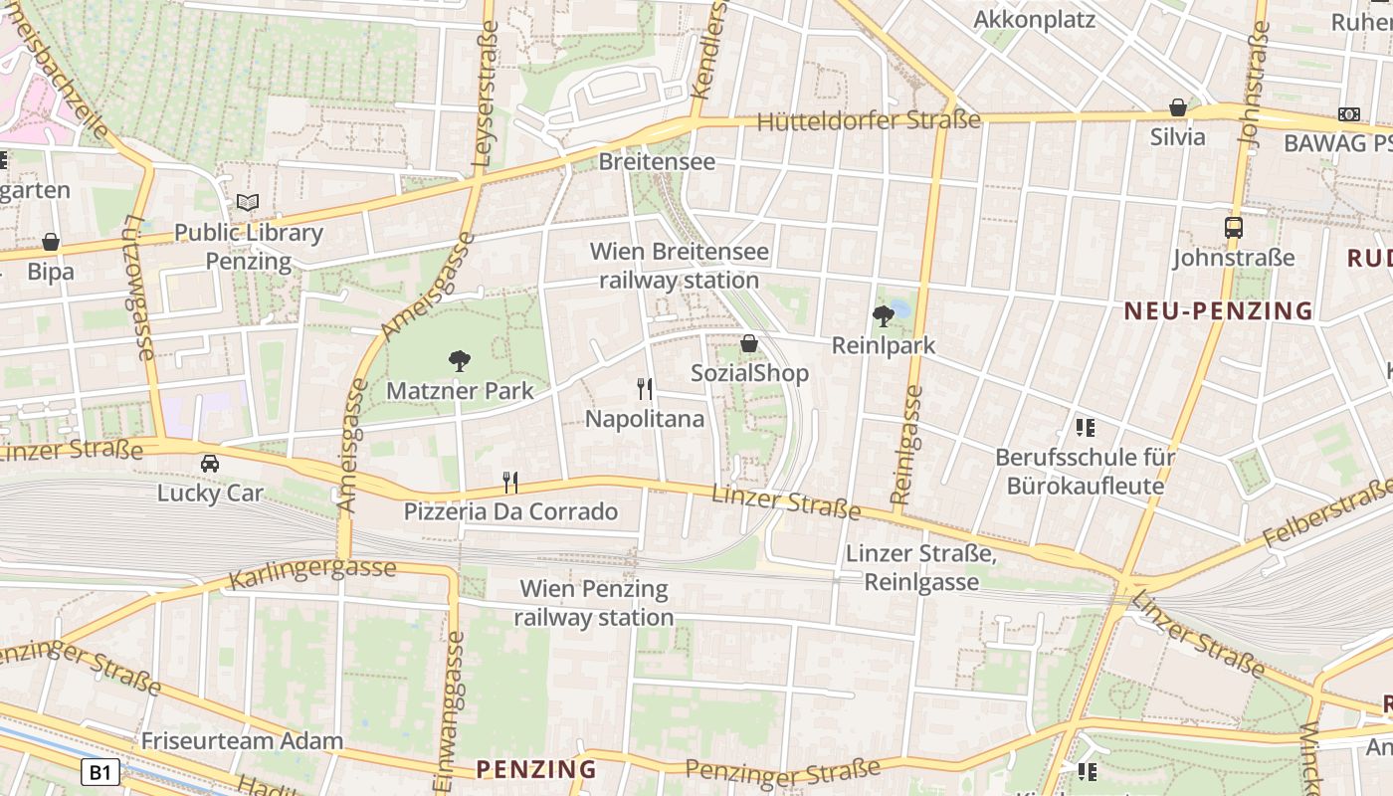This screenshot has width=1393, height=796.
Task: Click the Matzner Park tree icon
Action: [459, 360]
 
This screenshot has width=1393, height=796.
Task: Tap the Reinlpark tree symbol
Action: [883, 316]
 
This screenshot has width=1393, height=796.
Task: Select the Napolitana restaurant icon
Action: [645, 388]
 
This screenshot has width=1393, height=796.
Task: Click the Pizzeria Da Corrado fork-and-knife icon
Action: [510, 483]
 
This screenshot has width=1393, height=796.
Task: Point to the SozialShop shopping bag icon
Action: [749, 343]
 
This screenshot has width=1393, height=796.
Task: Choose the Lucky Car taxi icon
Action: [210, 463]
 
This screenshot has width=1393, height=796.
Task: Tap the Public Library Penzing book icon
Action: [248, 202]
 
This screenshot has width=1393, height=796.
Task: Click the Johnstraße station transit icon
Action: [1234, 227]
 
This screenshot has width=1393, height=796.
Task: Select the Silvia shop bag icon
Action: [1178, 106]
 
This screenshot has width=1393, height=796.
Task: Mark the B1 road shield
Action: [100, 772]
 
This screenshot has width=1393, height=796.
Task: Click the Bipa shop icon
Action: [51, 242]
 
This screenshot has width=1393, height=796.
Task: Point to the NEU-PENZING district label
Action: [1219, 311]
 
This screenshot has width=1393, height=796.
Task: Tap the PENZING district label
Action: [536, 769]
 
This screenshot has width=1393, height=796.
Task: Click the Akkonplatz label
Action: [1034, 20]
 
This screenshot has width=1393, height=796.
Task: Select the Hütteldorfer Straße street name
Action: [869, 120]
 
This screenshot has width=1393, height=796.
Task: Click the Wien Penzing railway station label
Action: [594, 603]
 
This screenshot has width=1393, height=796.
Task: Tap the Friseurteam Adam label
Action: [242, 740]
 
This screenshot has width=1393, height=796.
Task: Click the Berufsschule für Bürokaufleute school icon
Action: [1086, 428]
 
